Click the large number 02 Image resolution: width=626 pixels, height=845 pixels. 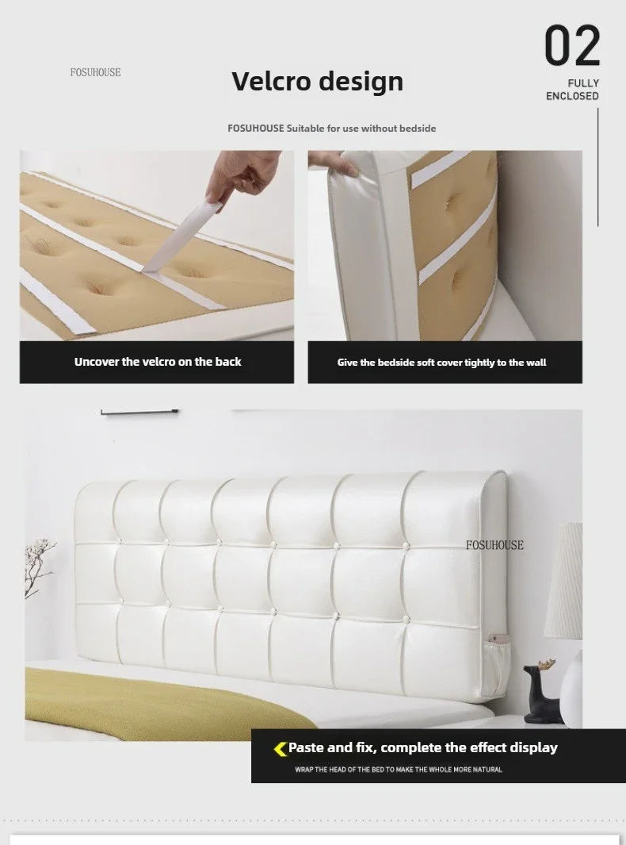pyautogui.click(x=572, y=46)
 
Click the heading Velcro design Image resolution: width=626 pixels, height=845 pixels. pyautogui.click(x=317, y=81)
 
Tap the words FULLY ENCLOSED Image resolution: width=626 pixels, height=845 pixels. pyautogui.click(x=572, y=90)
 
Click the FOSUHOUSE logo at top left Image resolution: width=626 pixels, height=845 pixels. pyautogui.click(x=95, y=72)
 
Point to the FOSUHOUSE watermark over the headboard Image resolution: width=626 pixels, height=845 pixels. pyautogui.click(x=494, y=545)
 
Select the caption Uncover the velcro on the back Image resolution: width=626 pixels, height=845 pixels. pyautogui.click(x=158, y=362)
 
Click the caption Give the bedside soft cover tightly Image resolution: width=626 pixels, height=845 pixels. pyautogui.click(x=441, y=363)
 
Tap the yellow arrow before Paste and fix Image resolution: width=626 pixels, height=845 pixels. pyautogui.click(x=280, y=748)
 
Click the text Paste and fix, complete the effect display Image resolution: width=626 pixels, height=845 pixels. pyautogui.click(x=422, y=747)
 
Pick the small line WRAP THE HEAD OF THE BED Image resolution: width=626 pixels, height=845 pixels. pyautogui.click(x=398, y=770)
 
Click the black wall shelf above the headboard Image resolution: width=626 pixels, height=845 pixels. pyautogui.click(x=140, y=412)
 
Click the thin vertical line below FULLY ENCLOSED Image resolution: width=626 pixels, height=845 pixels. pyautogui.click(x=597, y=167)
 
